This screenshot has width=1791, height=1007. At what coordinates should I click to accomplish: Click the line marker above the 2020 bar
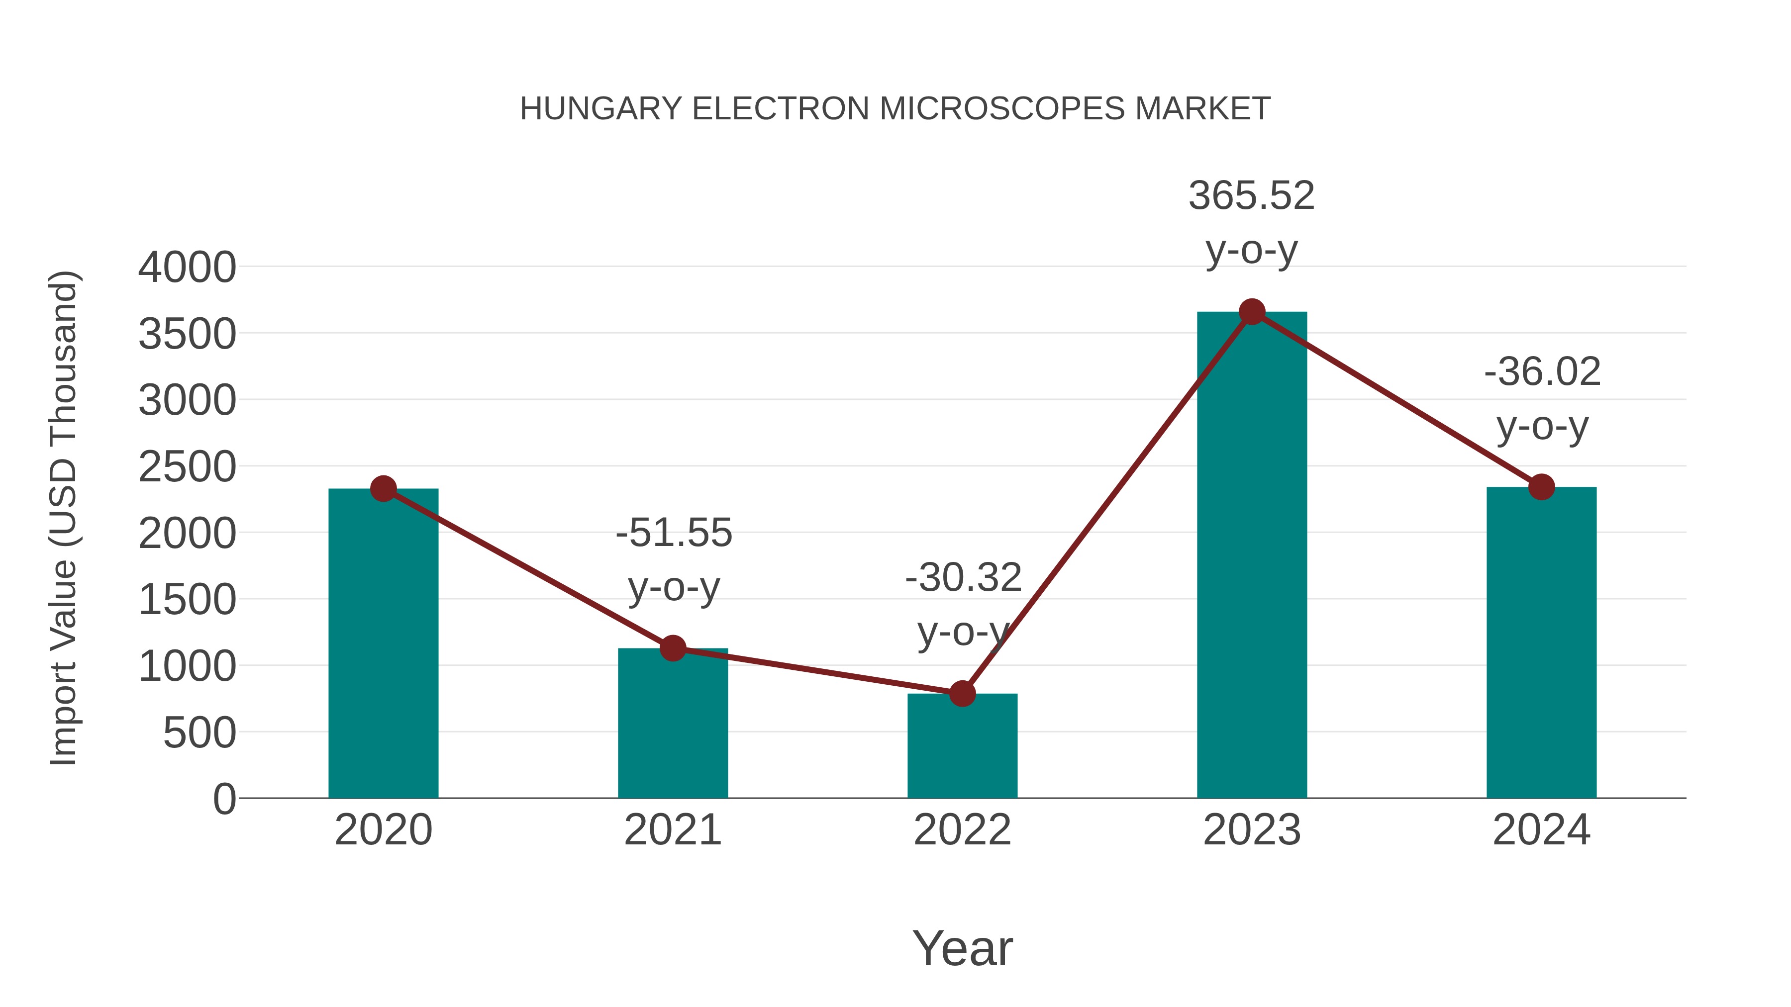[383, 488]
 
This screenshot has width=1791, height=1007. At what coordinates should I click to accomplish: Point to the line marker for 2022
[962, 693]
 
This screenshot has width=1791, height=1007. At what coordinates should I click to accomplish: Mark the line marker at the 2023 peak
[1252, 312]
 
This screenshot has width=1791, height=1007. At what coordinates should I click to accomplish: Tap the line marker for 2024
[1541, 486]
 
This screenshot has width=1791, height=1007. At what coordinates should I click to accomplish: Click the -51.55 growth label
[674, 533]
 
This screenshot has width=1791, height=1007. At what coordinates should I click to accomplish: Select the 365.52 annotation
[1252, 195]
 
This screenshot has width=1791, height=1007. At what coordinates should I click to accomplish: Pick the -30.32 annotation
[963, 577]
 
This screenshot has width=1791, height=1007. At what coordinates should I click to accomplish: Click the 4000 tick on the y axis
[187, 268]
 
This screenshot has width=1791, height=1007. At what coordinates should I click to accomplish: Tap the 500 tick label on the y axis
[199, 733]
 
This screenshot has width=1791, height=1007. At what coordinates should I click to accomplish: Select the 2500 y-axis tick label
[187, 467]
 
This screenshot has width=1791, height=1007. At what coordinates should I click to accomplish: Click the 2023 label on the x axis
[1252, 830]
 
